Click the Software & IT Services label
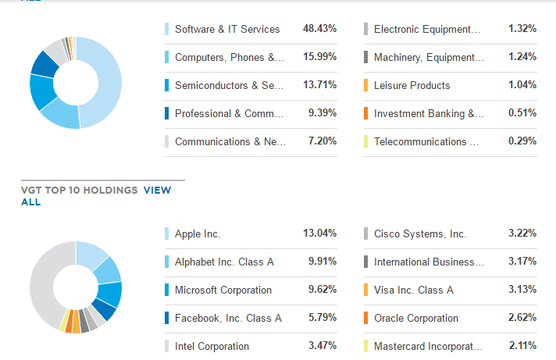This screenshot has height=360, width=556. [x=226, y=29]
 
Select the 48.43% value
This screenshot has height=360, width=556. [x=319, y=29]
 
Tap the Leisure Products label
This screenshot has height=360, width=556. [x=412, y=85]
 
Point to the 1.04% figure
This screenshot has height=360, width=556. [x=522, y=85]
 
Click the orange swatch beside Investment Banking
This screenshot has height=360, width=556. [x=365, y=113]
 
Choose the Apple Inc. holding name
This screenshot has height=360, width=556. [x=198, y=233]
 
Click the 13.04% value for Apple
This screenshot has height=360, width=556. [x=319, y=233]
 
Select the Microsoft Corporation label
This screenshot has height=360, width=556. [x=223, y=290]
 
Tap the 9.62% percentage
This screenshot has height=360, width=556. [x=323, y=290]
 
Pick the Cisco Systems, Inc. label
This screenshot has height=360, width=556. [x=419, y=233]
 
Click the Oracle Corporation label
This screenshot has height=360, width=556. [x=416, y=318]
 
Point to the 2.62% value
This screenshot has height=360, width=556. [x=522, y=318]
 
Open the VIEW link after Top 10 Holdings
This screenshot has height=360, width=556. [x=157, y=190]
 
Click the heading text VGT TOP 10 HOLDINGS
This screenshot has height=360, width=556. [x=79, y=190]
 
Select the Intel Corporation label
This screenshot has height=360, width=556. [x=212, y=346]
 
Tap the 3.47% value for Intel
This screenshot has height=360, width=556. [x=323, y=346]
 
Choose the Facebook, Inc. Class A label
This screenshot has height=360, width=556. [x=228, y=318]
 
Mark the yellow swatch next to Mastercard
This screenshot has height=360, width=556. [x=365, y=346]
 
